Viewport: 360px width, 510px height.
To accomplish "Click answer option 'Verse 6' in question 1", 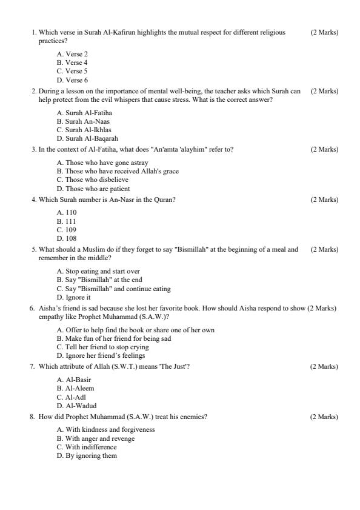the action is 72,80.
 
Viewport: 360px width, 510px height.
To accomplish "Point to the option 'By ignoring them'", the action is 86,455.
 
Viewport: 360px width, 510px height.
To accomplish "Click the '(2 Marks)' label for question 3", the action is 324,149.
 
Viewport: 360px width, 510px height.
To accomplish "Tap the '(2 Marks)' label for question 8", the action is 324,417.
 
